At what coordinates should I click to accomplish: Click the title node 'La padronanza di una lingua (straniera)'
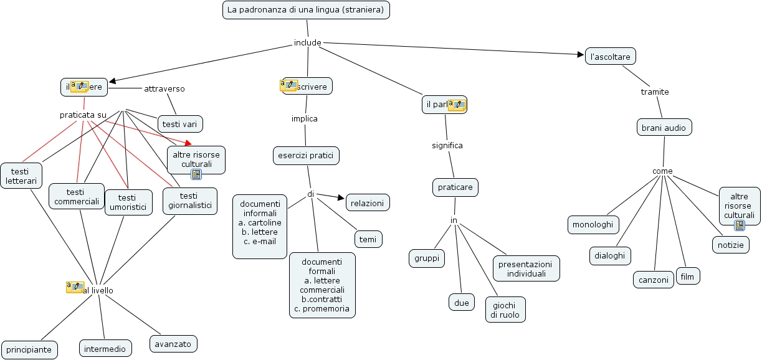(307, 10)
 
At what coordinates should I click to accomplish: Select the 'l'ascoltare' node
(610, 57)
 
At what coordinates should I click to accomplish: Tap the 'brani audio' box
(664, 128)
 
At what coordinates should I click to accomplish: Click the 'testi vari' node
(180, 124)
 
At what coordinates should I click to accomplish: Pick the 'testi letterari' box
(21, 176)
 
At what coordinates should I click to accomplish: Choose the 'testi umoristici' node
(128, 202)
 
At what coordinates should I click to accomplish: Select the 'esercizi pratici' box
(306, 155)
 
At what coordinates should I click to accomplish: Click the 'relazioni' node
(368, 202)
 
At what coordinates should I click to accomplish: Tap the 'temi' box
(368, 239)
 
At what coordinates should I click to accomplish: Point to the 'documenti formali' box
(322, 285)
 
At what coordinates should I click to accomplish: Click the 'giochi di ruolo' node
(505, 310)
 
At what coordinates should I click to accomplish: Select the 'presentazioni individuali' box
(526, 268)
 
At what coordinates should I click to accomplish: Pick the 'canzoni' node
(654, 280)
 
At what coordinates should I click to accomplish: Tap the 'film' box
(687, 276)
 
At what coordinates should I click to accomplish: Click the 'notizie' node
(730, 245)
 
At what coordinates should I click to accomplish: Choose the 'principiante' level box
(29, 349)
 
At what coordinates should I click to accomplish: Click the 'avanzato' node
(173, 343)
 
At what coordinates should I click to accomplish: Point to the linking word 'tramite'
(655, 92)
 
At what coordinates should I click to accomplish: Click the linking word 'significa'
(447, 146)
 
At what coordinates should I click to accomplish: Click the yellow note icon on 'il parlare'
(457, 105)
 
